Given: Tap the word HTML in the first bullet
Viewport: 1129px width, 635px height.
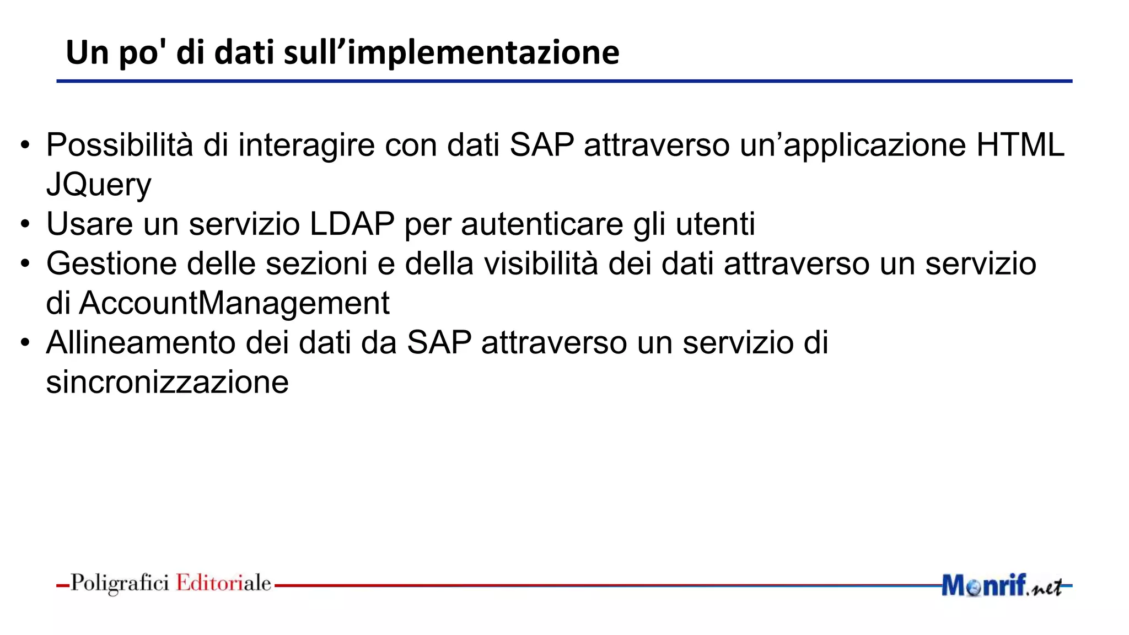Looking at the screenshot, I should click(x=1020, y=145).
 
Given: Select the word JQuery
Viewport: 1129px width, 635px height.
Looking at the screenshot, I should click(x=99, y=185).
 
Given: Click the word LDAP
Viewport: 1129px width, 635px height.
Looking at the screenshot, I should click(x=352, y=224).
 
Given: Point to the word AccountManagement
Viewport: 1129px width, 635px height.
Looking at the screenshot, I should click(x=234, y=303).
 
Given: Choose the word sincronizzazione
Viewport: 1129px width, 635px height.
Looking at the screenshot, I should click(x=167, y=383).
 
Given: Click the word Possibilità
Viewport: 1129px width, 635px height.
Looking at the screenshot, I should click(x=120, y=145).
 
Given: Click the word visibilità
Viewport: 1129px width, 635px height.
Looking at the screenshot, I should click(x=541, y=263).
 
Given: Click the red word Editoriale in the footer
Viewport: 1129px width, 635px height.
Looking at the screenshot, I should click(x=223, y=583).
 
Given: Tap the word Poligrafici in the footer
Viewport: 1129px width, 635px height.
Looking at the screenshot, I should click(x=120, y=583).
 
